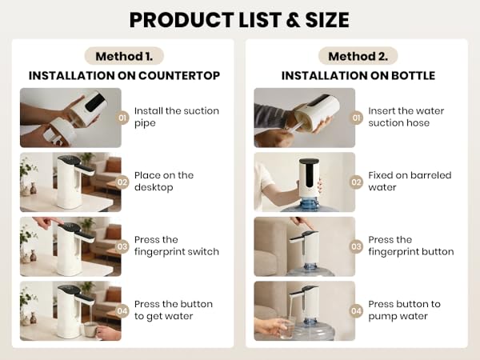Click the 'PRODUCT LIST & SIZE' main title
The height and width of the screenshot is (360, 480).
pyautogui.click(x=240, y=19)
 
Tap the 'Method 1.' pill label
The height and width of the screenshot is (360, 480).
pyautogui.click(x=124, y=56)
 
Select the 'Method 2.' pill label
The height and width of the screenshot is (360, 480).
pyautogui.click(x=358, y=56)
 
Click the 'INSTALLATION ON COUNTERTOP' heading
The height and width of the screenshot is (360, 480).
pyautogui.click(x=124, y=75)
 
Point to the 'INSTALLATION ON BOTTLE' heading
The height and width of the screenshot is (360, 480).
pyautogui.click(x=358, y=75)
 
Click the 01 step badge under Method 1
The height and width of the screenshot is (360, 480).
pyautogui.click(x=123, y=118)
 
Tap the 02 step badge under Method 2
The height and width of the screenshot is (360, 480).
pyautogui.click(x=357, y=182)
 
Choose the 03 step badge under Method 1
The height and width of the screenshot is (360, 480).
pyautogui.click(x=123, y=246)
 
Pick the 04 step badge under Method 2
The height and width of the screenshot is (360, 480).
pyautogui.click(x=357, y=310)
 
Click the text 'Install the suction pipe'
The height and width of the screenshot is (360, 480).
pyautogui.click(x=176, y=117)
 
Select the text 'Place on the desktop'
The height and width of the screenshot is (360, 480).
pyautogui.click(x=164, y=182)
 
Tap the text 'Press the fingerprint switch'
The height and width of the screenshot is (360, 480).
pyautogui.click(x=176, y=246)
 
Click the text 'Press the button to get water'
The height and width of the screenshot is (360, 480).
pyautogui.click(x=174, y=310)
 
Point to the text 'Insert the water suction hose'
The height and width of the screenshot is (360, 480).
pyautogui.click(x=406, y=117)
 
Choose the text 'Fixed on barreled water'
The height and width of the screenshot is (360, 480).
pyautogui.click(x=410, y=182)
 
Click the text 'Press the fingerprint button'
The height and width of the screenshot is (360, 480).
pyautogui.click(x=410, y=246)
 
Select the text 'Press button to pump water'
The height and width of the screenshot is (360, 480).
pyautogui.click(x=404, y=310)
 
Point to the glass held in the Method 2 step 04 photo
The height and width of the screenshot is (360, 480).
pyautogui.click(x=287, y=329)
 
